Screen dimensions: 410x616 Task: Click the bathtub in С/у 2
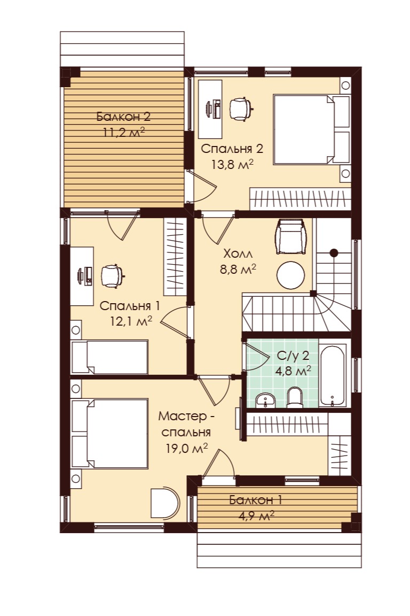click(x=332, y=375)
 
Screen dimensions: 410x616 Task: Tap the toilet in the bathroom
click(x=294, y=397)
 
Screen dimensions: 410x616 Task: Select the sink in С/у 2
click(x=266, y=401)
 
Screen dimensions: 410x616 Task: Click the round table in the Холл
click(x=290, y=275)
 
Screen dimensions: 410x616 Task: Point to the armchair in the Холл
click(x=291, y=236)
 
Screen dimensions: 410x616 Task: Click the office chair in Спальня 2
click(x=241, y=109)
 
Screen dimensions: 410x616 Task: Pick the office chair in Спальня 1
click(x=112, y=276)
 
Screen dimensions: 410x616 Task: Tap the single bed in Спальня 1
click(x=109, y=357)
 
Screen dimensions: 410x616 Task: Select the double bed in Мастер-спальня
click(x=109, y=433)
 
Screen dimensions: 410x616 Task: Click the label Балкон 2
click(x=123, y=117)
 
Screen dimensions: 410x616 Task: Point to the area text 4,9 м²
click(x=256, y=515)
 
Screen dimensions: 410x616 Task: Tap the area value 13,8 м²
click(x=232, y=164)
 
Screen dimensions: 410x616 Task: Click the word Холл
click(x=238, y=253)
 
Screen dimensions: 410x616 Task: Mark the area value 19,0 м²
click(x=186, y=448)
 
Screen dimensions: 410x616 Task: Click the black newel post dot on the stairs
click(x=334, y=253)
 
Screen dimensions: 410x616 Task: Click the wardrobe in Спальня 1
click(x=175, y=257)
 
